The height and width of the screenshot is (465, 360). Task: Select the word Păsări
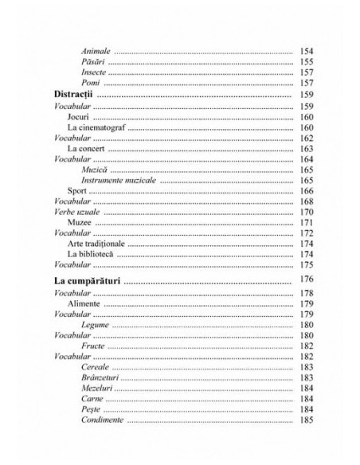click(x=92, y=63)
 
